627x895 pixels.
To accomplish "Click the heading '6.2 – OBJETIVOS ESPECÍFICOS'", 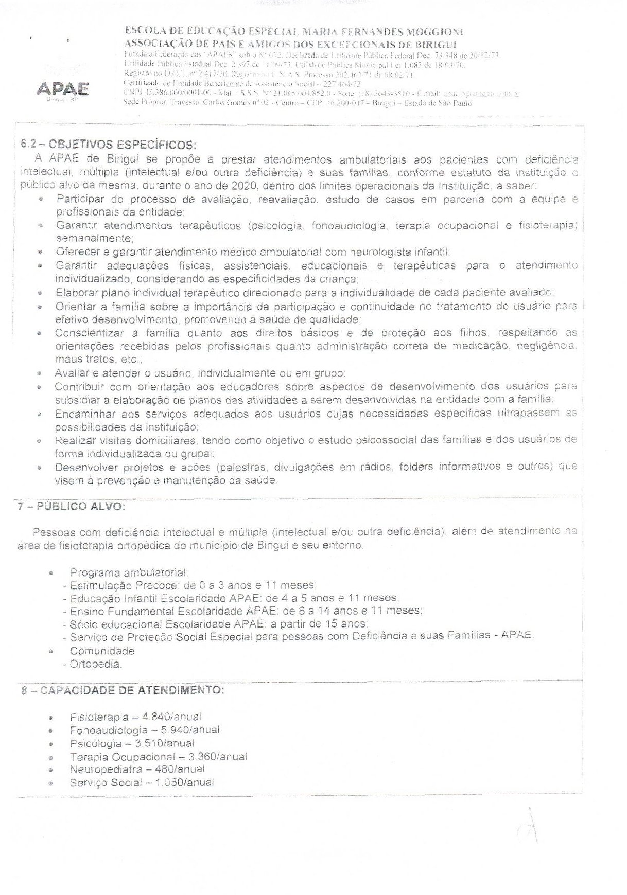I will click(x=108, y=144).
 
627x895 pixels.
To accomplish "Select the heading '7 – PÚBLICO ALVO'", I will click(x=72, y=506).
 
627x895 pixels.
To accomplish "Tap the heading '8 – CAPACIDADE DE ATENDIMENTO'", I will click(x=123, y=690).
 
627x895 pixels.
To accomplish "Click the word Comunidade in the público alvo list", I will click(x=102, y=651).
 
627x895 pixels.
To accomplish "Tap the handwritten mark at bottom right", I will click(x=529, y=829).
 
